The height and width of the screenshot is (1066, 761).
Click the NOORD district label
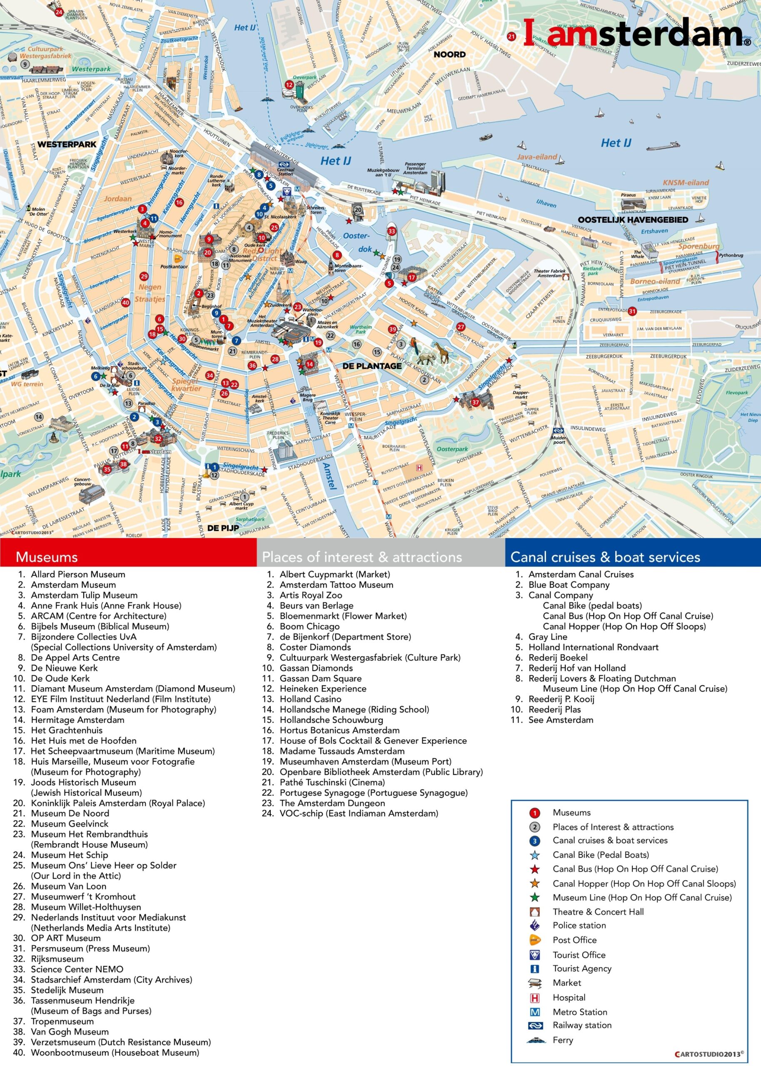[449, 54]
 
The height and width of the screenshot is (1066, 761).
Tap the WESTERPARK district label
[67, 144]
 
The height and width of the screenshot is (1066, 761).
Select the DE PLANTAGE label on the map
[372, 366]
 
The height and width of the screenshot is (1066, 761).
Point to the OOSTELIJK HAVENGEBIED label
[633, 220]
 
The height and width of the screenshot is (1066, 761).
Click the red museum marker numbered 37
[476, 402]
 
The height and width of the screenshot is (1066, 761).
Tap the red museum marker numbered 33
[391, 231]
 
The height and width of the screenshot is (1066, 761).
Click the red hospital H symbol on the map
[419, 468]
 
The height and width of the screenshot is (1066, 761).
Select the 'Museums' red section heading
[46, 557]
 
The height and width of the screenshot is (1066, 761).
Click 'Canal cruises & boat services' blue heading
[605, 557]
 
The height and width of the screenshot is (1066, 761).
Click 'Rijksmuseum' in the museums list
[57, 959]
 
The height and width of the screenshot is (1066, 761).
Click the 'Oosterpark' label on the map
[452, 449]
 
